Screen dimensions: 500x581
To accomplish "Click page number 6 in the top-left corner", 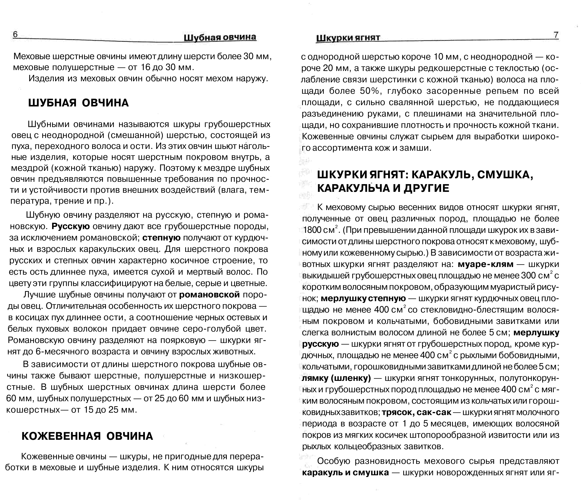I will [x=15, y=34].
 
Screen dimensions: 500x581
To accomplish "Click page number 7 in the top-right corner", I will [x=556, y=35].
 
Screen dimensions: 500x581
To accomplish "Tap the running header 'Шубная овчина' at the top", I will [x=220, y=37].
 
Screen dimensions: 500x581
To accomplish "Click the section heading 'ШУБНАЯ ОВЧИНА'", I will [x=79, y=103].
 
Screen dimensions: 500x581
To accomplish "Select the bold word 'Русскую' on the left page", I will [x=71, y=226].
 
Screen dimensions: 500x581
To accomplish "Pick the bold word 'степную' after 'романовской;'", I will [x=161, y=238].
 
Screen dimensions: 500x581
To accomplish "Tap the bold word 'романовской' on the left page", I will [x=209, y=295].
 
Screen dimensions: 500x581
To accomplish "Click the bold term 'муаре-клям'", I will [x=485, y=264].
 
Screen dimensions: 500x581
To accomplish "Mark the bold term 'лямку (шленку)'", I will [x=336, y=378].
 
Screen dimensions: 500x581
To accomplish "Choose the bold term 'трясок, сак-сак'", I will [x=417, y=412].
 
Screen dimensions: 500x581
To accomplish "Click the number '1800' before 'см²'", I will [x=312, y=230].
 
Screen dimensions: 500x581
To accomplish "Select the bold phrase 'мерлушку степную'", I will [x=363, y=299].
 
